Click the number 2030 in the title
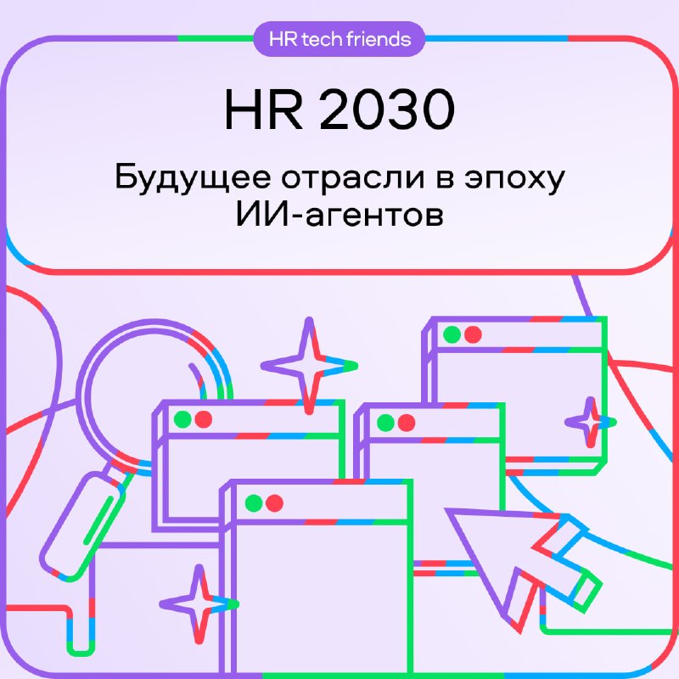click(x=387, y=109)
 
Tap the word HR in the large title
click(x=263, y=109)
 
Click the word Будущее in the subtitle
click(x=194, y=178)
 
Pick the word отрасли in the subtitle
click(x=353, y=178)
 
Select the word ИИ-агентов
click(x=339, y=215)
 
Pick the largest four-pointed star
click(x=309, y=366)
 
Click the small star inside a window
click(x=591, y=422)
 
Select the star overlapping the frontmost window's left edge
click(x=199, y=603)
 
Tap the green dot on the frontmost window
click(x=254, y=503)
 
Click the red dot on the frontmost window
click(x=274, y=503)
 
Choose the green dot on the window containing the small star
click(x=452, y=334)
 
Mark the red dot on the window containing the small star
click(x=473, y=334)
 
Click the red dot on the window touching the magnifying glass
click(x=204, y=419)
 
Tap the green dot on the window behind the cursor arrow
click(x=386, y=423)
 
